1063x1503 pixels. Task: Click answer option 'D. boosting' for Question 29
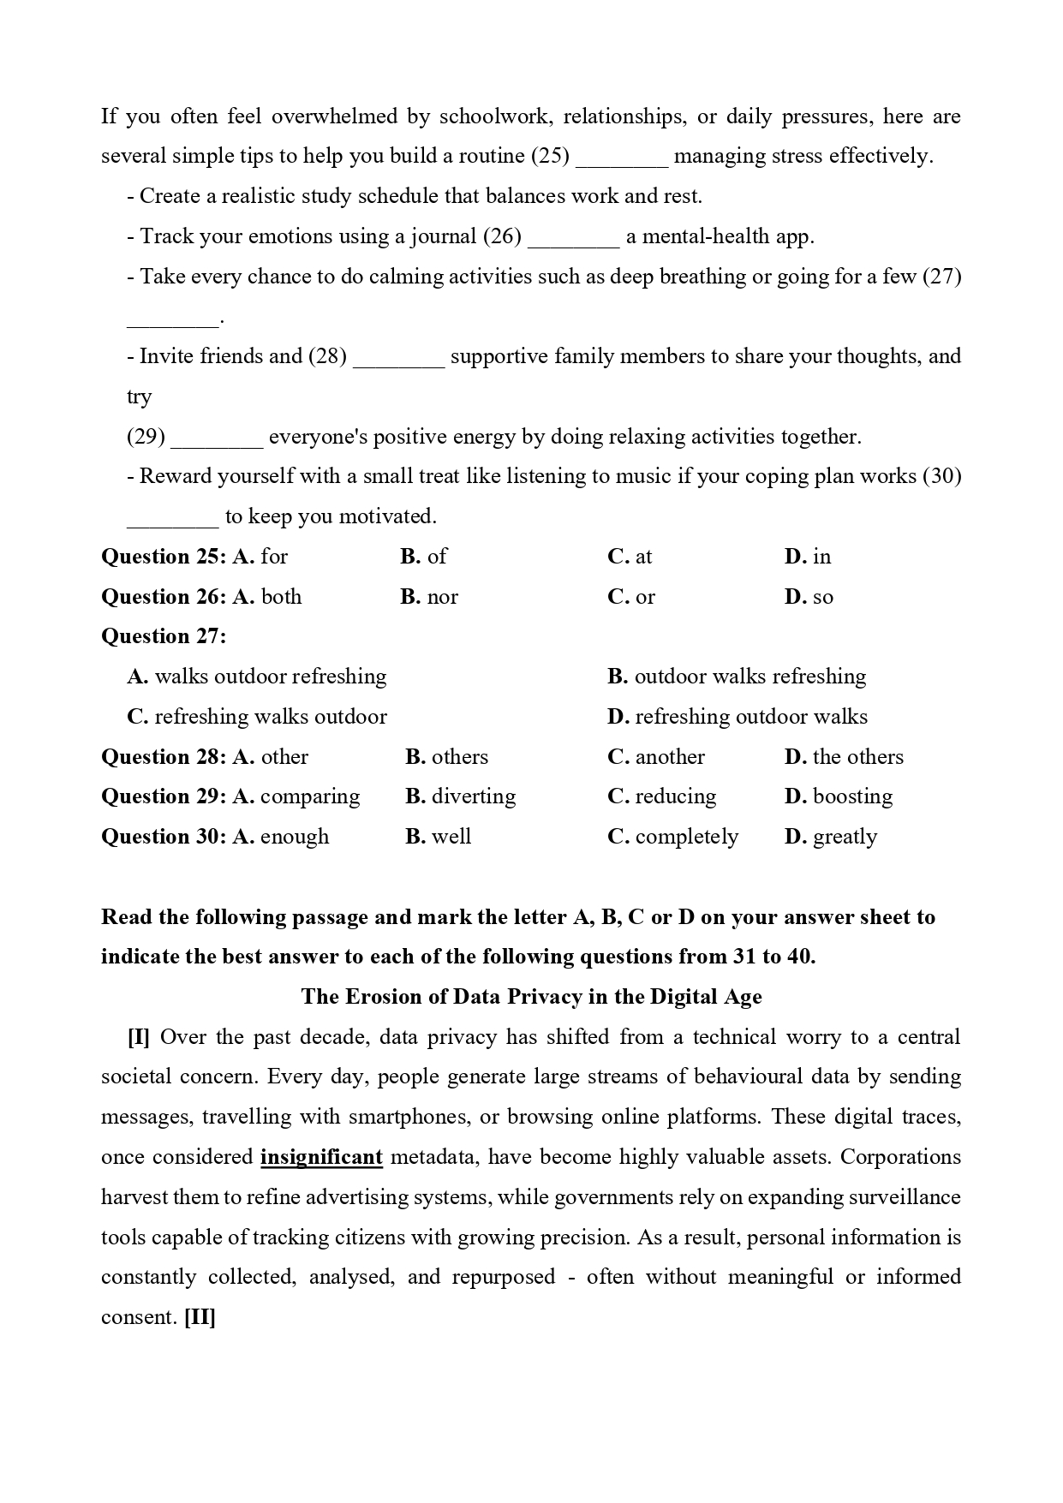(838, 796)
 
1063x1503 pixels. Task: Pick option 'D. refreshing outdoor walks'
(738, 717)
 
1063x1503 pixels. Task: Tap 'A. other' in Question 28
(270, 757)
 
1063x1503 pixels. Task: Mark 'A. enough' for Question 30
(280, 837)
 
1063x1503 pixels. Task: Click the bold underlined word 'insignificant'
(321, 1158)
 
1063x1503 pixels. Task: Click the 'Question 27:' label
(164, 636)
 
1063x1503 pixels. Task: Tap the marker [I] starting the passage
(139, 1037)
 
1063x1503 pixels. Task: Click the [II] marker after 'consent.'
(200, 1317)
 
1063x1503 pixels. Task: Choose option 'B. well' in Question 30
(439, 837)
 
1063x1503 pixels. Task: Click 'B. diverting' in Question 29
(461, 796)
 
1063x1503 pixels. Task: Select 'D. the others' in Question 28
(844, 757)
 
